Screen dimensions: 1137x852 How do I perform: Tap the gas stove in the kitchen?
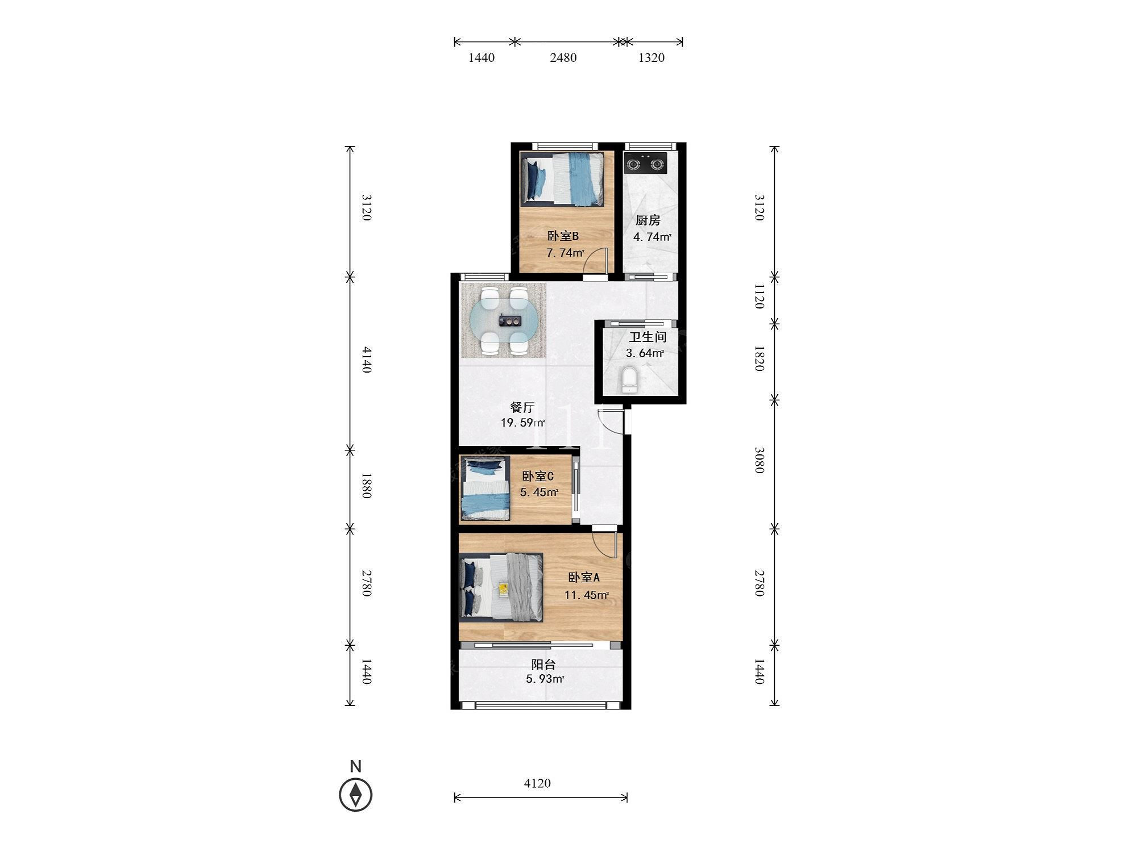coord(645,164)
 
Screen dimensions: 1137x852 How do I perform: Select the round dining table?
coord(504,321)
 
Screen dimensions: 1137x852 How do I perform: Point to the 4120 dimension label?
coord(537,783)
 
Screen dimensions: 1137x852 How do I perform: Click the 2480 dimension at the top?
coord(563,57)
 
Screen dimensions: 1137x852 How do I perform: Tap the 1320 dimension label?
coord(652,57)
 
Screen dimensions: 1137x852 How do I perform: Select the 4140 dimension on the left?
coord(367,360)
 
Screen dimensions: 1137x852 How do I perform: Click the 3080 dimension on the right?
coord(760,460)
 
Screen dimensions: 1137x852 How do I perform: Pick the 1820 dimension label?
coord(760,358)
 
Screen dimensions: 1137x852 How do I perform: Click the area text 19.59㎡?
coord(523,423)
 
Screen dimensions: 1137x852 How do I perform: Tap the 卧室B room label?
coord(563,236)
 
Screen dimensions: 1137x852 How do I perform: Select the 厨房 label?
coord(648,220)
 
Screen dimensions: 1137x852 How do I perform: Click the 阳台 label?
coord(543,664)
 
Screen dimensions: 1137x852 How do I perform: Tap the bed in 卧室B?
coord(562,178)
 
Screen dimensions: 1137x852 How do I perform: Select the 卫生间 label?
coord(648,337)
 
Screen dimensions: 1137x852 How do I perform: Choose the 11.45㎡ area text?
coord(587,595)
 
